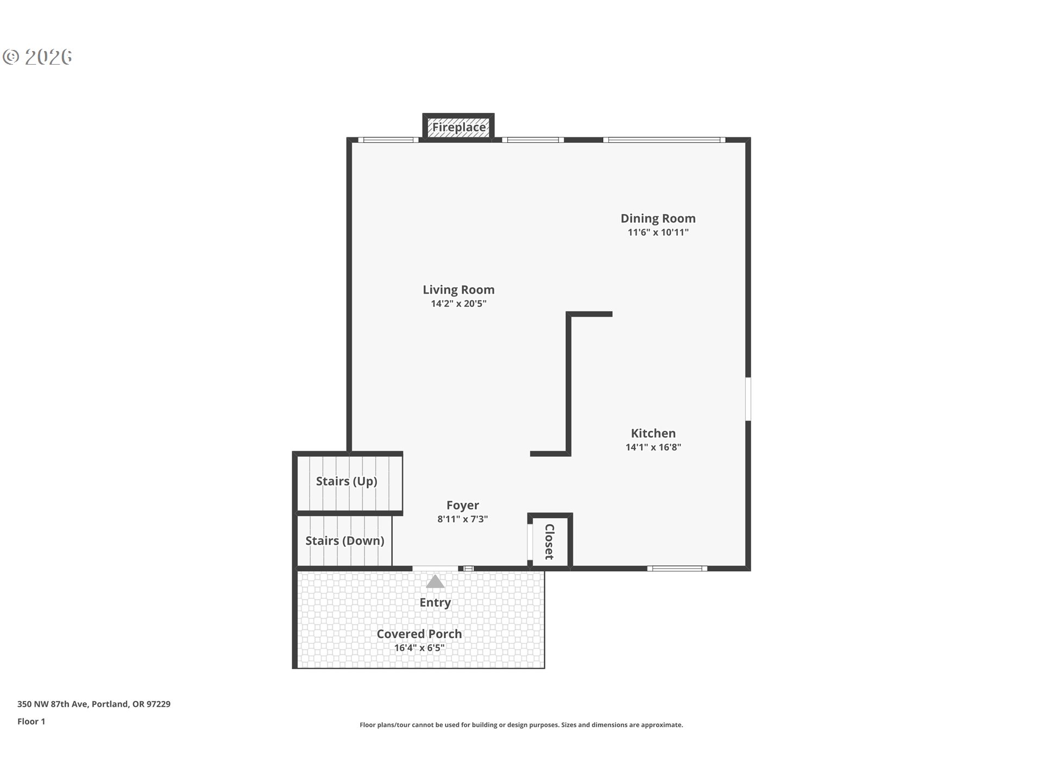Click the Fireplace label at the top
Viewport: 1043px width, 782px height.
coord(459,127)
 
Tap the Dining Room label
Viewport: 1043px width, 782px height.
coord(658,218)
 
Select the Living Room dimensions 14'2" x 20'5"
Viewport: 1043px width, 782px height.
coord(458,304)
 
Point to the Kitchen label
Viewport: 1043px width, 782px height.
coord(653,433)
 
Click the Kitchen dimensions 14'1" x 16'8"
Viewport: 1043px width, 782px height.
coord(653,447)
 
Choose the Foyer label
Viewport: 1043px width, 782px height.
coord(462,506)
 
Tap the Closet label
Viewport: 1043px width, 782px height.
coord(549,541)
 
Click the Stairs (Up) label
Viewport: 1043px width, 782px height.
coord(347,481)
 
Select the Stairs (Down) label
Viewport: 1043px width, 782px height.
coord(344,541)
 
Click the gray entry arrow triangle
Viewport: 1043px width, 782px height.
coord(435,582)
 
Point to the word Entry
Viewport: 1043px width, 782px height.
coord(435,603)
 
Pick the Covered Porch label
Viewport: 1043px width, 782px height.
coord(419,634)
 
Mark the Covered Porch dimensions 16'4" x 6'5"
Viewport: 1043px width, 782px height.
coord(419,648)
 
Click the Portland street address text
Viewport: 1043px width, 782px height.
coord(94,704)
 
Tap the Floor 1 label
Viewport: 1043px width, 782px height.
coord(31,722)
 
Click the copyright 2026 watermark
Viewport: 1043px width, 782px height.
coord(37,57)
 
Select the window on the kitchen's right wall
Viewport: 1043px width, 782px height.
coord(748,399)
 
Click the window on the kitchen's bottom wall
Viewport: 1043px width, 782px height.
coord(677,569)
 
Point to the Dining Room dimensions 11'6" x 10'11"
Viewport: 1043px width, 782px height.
coord(658,232)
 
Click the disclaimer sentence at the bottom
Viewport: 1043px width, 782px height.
coord(521,725)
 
